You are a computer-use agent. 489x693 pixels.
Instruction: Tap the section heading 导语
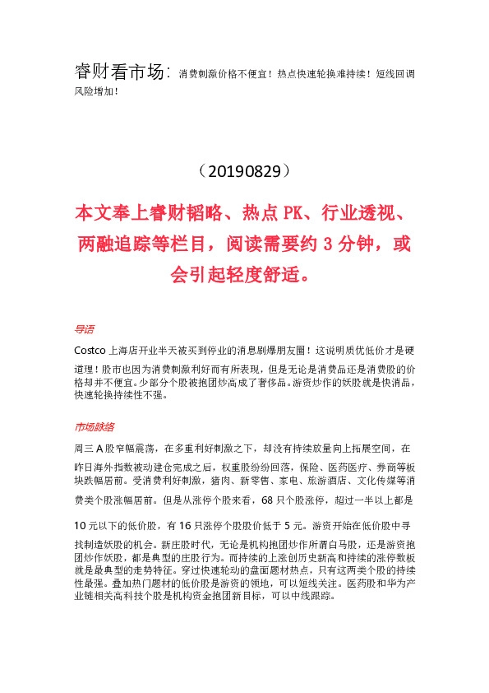pyautogui.click(x=84, y=329)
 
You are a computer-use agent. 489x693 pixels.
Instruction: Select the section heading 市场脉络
pyautogui.click(x=94, y=426)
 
